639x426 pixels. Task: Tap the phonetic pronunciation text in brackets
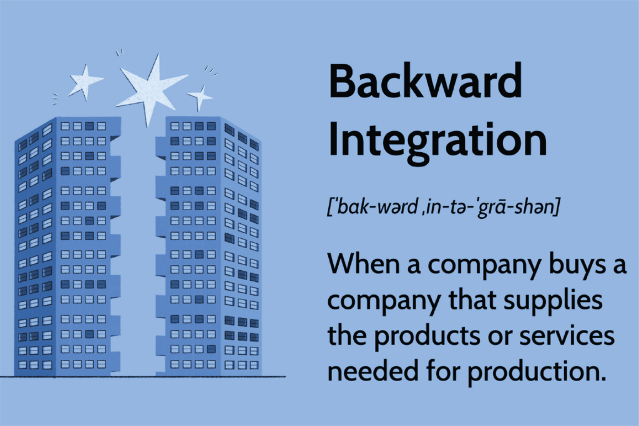444,207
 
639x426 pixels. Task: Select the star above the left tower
85,82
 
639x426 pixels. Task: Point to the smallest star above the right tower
199,97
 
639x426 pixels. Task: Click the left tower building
67,246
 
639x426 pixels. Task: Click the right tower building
208,246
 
